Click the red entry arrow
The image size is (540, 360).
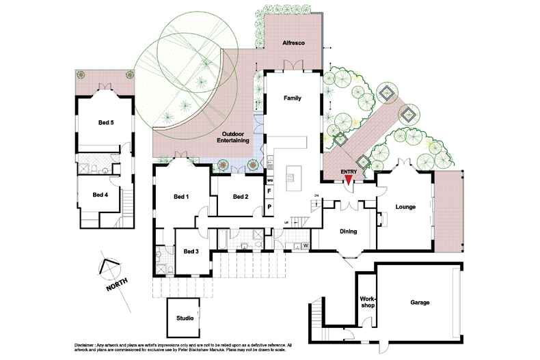(349, 180)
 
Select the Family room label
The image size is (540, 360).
(293, 98)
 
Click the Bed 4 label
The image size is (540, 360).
(100, 195)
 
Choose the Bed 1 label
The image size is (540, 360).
(180, 197)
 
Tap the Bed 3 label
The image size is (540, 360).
(191, 251)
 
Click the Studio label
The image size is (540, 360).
(185, 318)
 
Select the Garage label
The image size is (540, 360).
(420, 302)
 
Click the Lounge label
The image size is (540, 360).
(405, 207)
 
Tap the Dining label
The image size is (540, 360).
(349, 232)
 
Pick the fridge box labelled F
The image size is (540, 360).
(269, 193)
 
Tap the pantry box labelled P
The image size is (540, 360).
(269, 206)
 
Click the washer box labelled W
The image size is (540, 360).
(305, 245)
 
